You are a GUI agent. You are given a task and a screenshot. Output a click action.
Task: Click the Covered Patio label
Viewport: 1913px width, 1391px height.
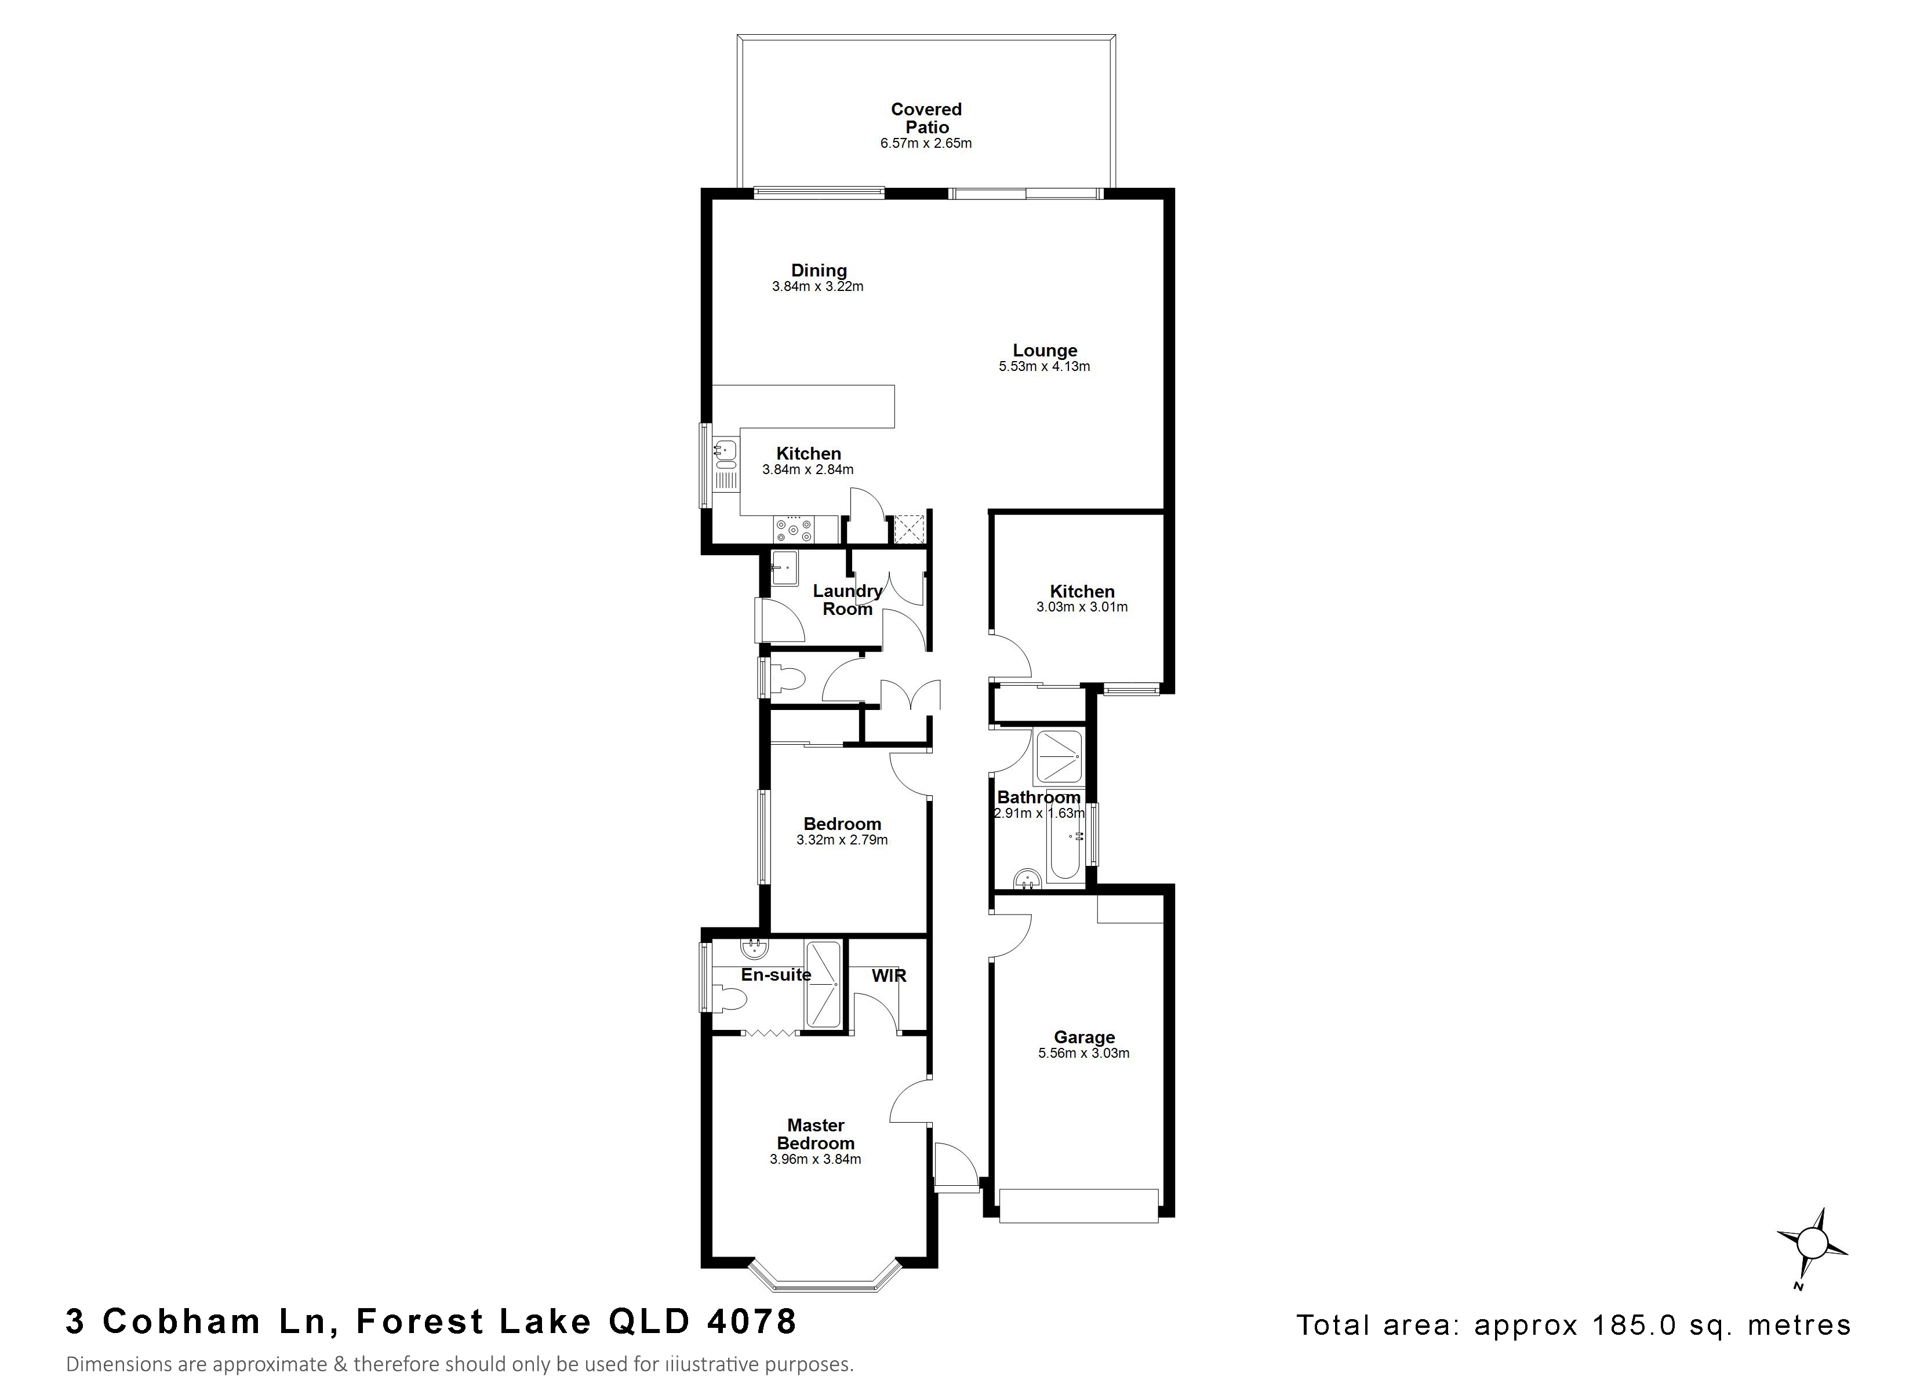click(926, 118)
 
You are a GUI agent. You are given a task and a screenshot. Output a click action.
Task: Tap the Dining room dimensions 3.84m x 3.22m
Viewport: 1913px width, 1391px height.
click(817, 287)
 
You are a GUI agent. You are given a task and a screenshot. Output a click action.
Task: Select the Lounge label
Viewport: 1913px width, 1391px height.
click(1045, 350)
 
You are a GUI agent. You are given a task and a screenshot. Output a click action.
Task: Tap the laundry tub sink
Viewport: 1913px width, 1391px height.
click(784, 568)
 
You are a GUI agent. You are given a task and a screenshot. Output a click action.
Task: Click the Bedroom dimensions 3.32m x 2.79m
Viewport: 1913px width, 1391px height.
click(842, 840)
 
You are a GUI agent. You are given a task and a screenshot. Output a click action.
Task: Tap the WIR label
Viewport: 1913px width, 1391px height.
click(889, 976)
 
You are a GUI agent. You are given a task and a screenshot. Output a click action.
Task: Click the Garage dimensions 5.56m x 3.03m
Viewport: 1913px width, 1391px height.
click(1084, 1053)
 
